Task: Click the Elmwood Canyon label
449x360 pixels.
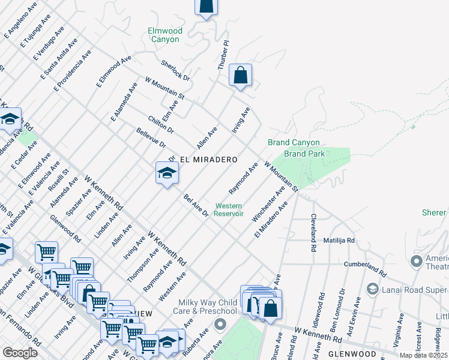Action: point(164,35)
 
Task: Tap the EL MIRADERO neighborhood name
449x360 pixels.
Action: point(209,160)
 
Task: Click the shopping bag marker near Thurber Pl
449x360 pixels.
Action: point(240,76)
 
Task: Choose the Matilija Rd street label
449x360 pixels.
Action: point(339,241)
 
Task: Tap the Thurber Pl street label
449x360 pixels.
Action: point(223,56)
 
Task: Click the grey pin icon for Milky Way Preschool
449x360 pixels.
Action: point(219,325)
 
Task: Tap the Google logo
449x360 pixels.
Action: point(20,353)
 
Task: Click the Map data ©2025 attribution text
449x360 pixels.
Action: point(423,355)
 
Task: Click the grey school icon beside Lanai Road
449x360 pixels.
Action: point(372,290)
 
